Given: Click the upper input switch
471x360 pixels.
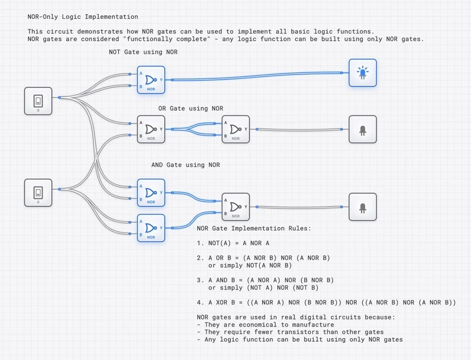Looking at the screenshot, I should tap(38, 101).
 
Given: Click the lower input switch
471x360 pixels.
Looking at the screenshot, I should tap(38, 193).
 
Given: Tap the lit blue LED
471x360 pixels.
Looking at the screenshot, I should tap(362, 73).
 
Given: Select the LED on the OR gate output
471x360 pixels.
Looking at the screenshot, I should tap(362, 129).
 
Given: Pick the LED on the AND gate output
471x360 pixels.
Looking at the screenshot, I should tap(362, 206).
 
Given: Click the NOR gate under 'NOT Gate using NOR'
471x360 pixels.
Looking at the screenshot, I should tap(151, 79).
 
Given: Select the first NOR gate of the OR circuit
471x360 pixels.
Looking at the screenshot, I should tap(151, 129).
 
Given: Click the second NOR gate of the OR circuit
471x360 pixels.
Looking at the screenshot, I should tap(235, 129).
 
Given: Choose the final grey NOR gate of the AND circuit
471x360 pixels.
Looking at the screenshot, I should tap(235, 206).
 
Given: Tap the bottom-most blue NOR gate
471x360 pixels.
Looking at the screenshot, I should tap(151, 228).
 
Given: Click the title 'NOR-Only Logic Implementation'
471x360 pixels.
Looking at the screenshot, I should tap(82, 17).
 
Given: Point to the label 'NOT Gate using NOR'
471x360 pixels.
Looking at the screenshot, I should tap(144, 52).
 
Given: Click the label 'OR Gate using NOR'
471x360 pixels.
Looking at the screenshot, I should tap(190, 109).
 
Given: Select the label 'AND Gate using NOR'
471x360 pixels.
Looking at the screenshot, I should tap(185, 165).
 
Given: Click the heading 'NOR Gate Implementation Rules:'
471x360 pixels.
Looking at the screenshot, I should tap(254, 228).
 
